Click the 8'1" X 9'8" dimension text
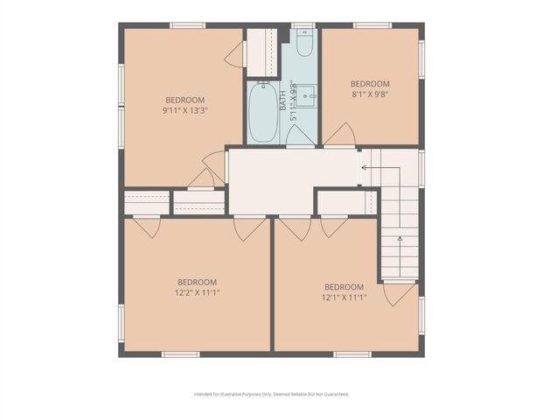pos(370,95)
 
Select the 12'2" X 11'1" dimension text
pos(197,293)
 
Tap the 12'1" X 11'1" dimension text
pos(344,297)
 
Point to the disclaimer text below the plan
pos(271,394)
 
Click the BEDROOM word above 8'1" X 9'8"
pos(370,84)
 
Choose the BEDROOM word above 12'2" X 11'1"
pos(197,282)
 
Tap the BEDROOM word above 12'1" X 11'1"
pos(344,286)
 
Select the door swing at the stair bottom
pos(399,293)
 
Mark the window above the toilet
pos(303,24)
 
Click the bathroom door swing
pos(301,136)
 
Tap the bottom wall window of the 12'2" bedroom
pos(180,354)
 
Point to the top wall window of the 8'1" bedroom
pos(372,24)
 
